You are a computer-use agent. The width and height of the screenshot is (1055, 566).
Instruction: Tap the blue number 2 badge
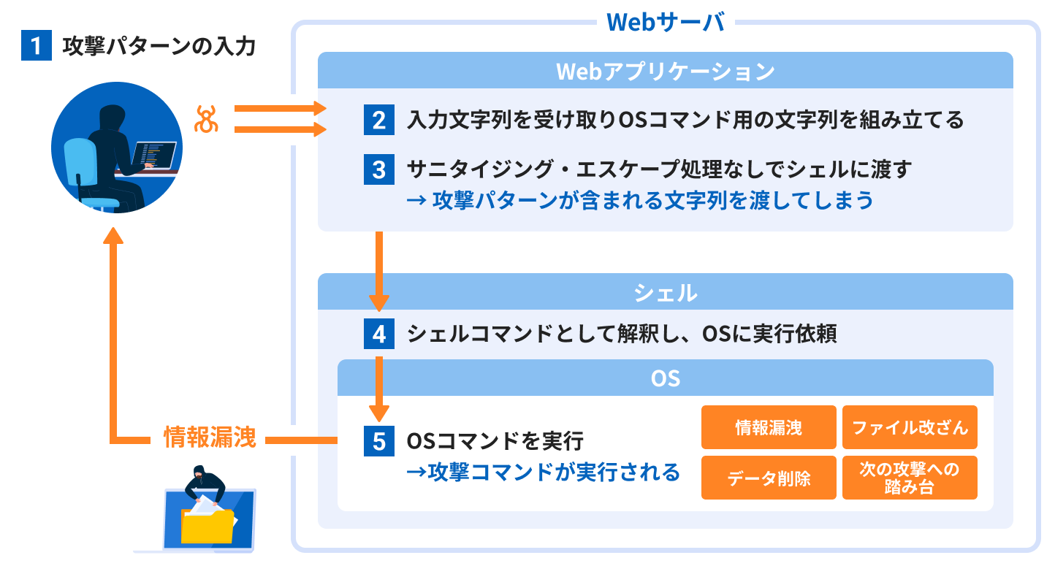(378, 120)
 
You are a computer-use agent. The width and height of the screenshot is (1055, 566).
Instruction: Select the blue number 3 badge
(378, 169)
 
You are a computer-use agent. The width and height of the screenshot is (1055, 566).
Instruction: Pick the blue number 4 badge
(378, 334)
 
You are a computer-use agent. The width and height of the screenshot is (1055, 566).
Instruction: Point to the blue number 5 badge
(378, 441)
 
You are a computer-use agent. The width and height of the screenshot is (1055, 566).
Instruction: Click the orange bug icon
(207, 119)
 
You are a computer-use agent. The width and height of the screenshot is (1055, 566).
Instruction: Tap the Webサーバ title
(666, 23)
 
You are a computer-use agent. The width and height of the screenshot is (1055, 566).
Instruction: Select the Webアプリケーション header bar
(665, 71)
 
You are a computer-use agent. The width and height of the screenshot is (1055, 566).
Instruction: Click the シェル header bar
(665, 292)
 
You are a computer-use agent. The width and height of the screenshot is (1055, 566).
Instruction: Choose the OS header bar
(665, 378)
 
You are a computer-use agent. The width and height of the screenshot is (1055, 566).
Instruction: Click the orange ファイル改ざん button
(910, 427)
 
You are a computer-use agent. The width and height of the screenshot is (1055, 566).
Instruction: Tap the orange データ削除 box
(769, 478)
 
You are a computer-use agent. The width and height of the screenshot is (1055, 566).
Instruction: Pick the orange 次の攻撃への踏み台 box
(910, 478)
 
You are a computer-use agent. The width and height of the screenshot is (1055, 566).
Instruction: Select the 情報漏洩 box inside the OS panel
(769, 427)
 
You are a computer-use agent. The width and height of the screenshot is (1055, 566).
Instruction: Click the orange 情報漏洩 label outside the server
(209, 438)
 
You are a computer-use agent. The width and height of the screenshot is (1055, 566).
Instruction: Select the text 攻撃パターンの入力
(159, 47)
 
